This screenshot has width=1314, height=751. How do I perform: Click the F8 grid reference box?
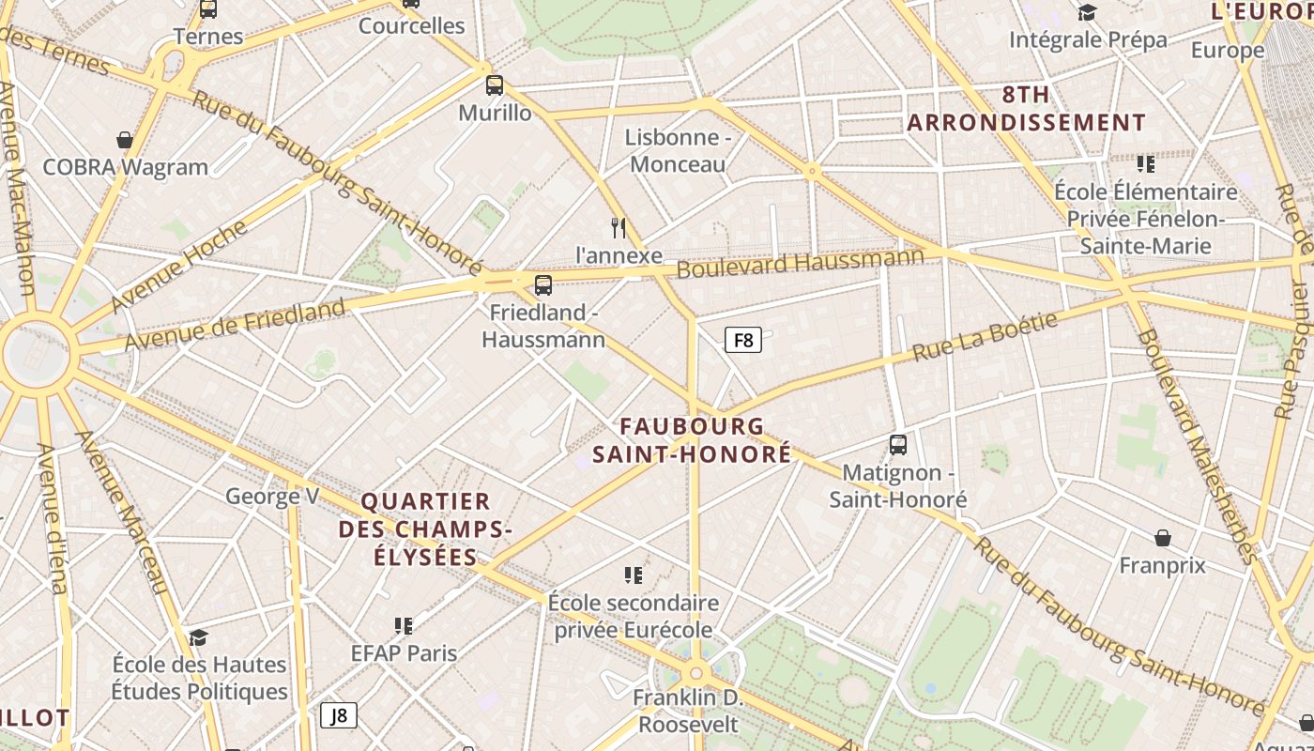tap(742, 340)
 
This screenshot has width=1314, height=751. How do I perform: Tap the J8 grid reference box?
tap(339, 715)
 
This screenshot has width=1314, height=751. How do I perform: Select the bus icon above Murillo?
tap(495, 85)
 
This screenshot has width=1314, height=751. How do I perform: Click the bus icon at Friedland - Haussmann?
tap(542, 285)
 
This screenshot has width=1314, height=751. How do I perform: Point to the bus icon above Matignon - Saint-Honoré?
tap(898, 445)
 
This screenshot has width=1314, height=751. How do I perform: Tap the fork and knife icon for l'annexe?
tap(619, 228)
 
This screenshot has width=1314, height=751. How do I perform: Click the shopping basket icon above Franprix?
tap(1162, 538)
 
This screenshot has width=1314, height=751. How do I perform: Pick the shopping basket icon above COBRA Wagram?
tap(124, 141)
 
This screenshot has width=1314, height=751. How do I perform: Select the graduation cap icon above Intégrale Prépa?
tap(1088, 12)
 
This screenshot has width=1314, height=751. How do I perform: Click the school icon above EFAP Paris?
tap(404, 625)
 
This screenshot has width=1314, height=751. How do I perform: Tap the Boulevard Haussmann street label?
tap(800, 261)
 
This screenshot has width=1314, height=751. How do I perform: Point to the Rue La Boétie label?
tap(985, 336)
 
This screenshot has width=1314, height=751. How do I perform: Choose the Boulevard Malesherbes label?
tap(1196, 447)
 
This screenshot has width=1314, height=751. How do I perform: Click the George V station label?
tap(272, 496)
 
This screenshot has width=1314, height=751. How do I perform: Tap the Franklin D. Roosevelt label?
tap(688, 712)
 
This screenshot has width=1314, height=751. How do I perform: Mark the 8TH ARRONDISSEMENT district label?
tap(1026, 108)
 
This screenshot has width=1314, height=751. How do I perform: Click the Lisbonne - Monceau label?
tap(678, 150)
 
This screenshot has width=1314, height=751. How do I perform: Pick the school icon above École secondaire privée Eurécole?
tap(634, 575)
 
